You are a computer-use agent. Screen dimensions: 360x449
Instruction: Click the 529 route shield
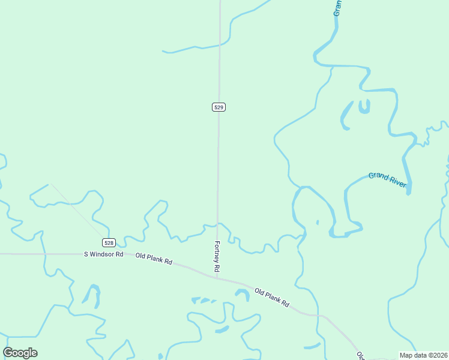point(218,107)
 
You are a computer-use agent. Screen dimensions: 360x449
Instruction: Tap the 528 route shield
point(108,242)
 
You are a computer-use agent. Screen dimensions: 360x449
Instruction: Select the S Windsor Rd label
point(103,254)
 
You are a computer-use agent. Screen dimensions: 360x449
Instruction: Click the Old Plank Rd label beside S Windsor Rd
point(154,259)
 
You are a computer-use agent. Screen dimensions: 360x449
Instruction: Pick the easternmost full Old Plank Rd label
point(272,298)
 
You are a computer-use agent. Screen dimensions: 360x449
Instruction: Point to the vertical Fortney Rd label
point(218,255)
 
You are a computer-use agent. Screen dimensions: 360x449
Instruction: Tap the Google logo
point(20,353)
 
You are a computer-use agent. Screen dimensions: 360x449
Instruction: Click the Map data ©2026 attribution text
point(423,355)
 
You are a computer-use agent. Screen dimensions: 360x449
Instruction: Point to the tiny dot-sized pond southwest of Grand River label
point(317,223)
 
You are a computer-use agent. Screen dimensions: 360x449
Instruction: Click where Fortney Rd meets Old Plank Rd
point(216,278)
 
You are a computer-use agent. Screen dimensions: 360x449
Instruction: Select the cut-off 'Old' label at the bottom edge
point(360,355)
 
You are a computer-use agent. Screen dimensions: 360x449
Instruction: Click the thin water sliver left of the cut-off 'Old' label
point(312,346)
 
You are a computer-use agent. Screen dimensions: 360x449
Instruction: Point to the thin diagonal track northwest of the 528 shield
point(78,210)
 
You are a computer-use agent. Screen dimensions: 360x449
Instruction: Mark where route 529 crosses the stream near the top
point(220,44)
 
